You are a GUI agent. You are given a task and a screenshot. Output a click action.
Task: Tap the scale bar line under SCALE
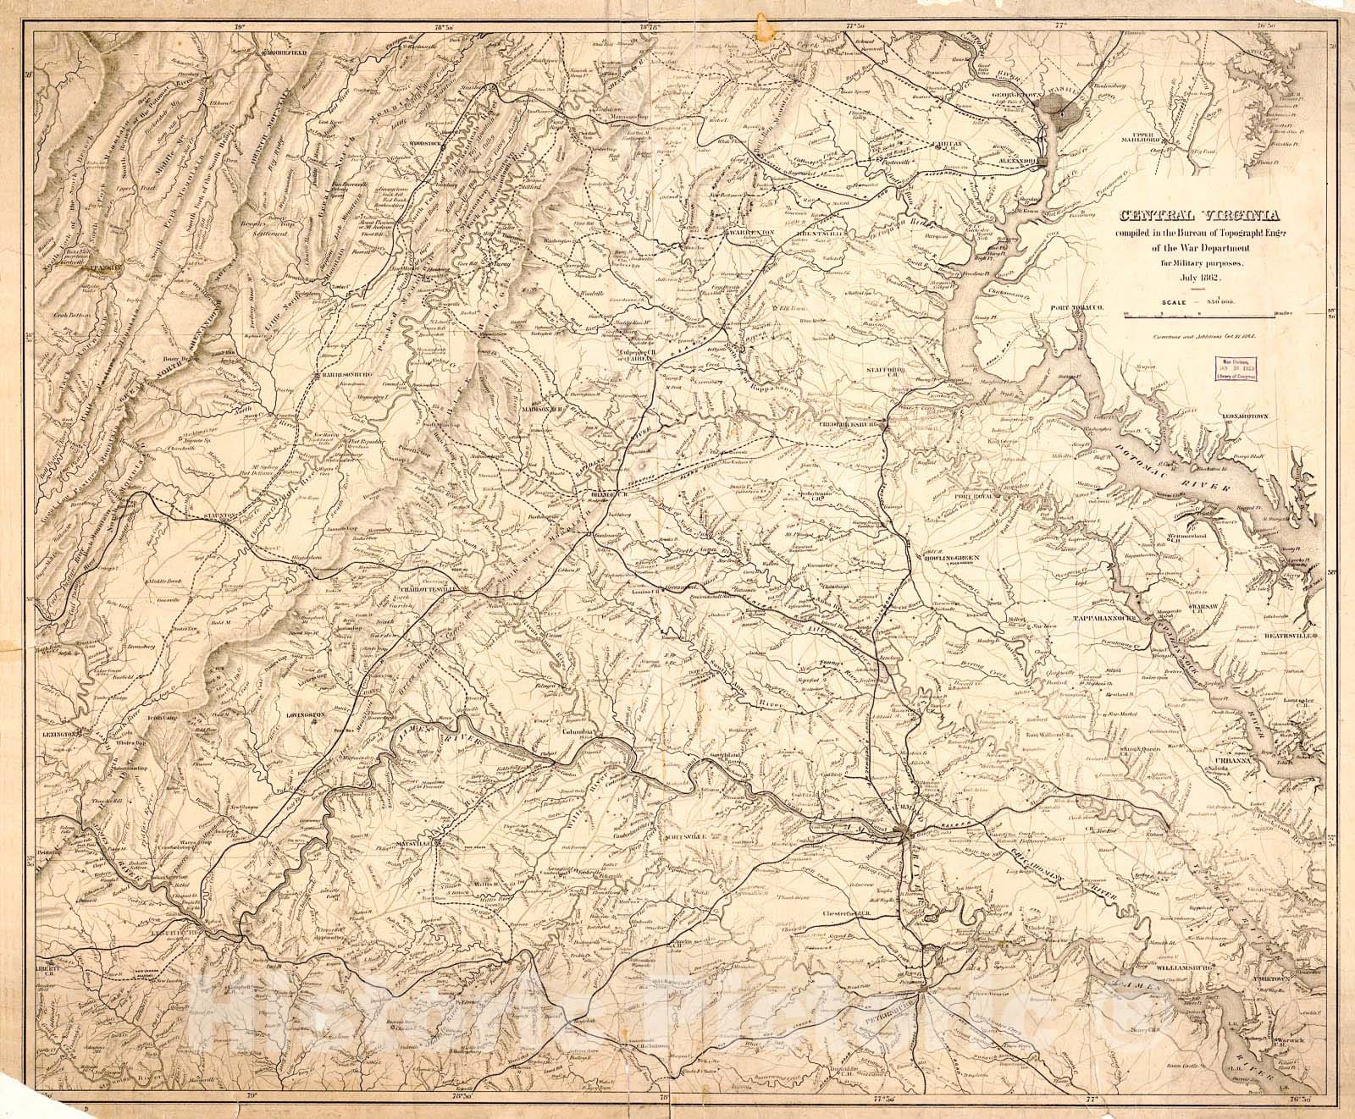coord(1198,316)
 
